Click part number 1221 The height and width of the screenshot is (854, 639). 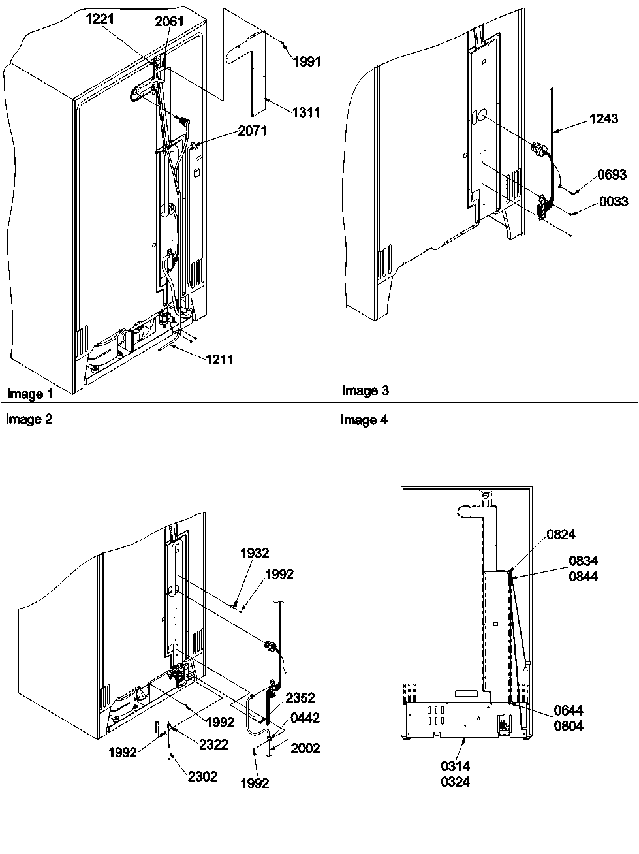(x=100, y=19)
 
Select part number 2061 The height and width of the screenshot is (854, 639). (x=169, y=22)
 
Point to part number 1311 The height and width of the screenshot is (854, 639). (x=306, y=112)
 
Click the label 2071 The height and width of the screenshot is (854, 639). (x=253, y=131)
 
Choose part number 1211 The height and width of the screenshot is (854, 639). (x=219, y=359)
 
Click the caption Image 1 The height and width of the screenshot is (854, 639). (x=30, y=394)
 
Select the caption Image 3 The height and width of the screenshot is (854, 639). (x=365, y=390)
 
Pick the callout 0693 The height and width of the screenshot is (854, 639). (x=612, y=174)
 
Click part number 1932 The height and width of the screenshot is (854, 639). (x=255, y=553)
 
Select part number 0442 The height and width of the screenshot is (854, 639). (x=305, y=718)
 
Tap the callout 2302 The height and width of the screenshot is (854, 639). (x=203, y=776)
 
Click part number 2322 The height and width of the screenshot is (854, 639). (x=213, y=744)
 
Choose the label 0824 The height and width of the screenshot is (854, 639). (x=561, y=535)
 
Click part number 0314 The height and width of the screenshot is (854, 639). (x=455, y=766)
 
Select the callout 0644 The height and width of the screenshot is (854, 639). (x=569, y=710)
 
